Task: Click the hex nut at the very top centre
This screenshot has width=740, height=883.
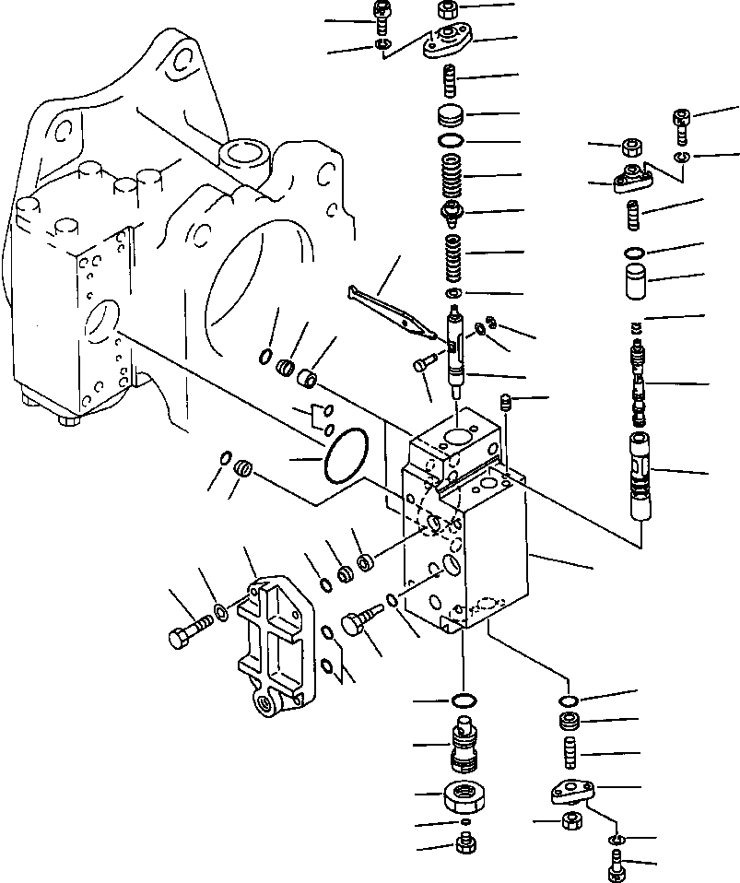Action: pyautogui.click(x=451, y=10)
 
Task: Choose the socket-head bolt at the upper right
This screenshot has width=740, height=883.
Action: pyautogui.click(x=680, y=124)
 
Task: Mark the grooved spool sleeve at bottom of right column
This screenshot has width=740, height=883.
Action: pyautogui.click(x=640, y=477)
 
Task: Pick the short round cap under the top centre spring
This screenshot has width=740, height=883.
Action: pyautogui.click(x=451, y=117)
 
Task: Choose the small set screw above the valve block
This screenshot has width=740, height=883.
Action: pyautogui.click(x=503, y=402)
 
